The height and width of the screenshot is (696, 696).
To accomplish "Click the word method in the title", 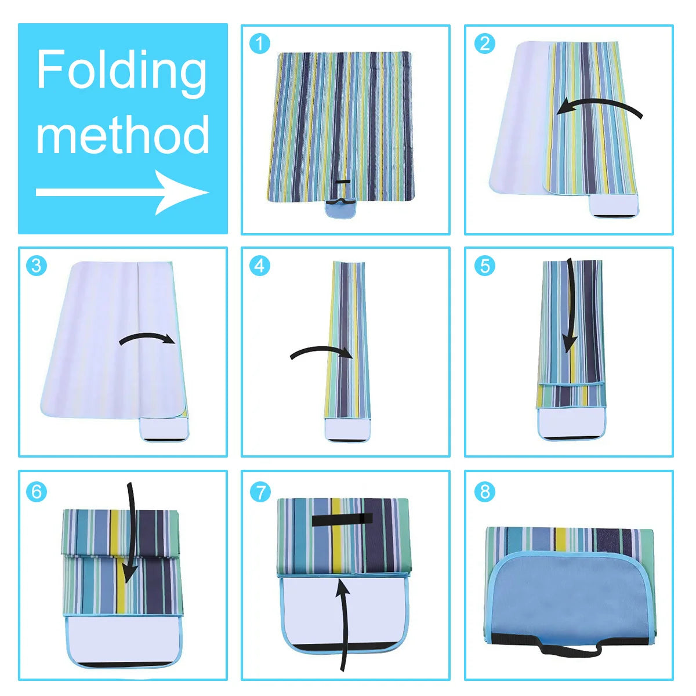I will (122, 134).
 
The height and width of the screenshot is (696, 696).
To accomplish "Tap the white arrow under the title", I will (122, 192).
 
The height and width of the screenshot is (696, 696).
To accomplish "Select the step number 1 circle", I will (260, 43).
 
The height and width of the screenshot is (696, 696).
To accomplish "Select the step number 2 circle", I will (484, 43).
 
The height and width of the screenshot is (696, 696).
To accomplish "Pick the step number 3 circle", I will (37, 266).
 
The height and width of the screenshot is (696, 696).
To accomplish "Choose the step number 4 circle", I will (260, 266).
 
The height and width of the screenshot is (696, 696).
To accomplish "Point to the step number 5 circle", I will (484, 266).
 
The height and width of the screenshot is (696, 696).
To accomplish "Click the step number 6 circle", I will (37, 491).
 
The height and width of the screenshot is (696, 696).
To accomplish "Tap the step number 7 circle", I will (260, 491).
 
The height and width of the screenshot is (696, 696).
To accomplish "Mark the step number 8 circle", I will (484, 491).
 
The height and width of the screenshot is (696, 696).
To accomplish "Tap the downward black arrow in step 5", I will (571, 307).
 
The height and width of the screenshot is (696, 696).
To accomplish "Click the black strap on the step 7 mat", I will (342, 519).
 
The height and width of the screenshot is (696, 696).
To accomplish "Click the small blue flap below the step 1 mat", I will (342, 210).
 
